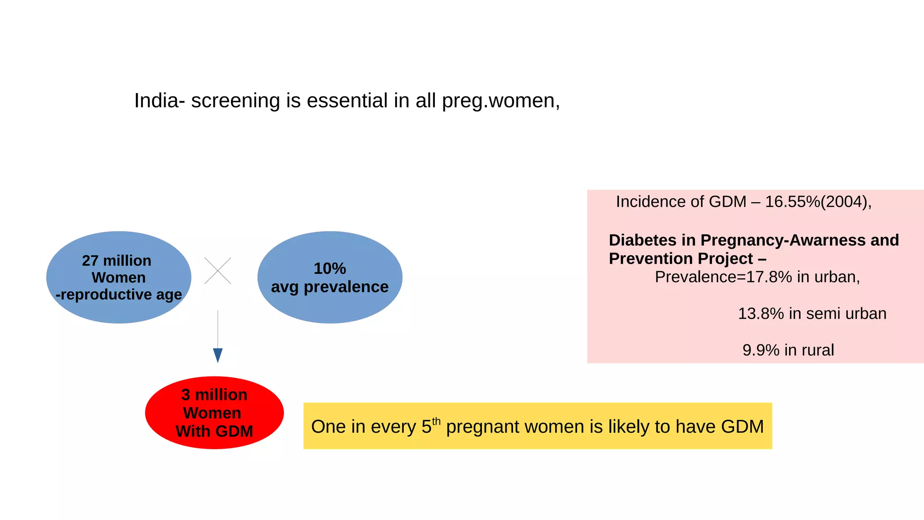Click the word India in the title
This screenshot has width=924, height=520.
pos(156,101)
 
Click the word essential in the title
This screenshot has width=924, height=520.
pos(347,101)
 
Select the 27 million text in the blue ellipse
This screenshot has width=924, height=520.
pos(116,261)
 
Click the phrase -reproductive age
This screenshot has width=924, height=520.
pos(119,295)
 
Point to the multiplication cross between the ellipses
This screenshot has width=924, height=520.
pos(217,271)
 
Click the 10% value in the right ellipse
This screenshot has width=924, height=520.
pos(330,269)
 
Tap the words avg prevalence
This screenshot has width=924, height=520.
pos(330,287)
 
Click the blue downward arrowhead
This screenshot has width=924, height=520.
pos(217,355)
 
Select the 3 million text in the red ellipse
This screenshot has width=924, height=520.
pos(214,395)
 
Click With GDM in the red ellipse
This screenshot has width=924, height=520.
pos(214,431)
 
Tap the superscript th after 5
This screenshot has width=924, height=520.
pos(436,421)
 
